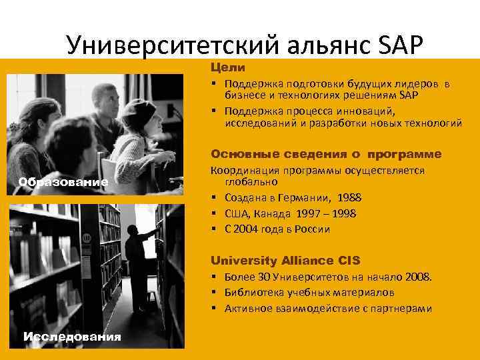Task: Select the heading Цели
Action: (x=228, y=67)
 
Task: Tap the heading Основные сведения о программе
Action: (x=326, y=154)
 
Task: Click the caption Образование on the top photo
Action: (x=63, y=182)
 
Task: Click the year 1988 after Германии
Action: (x=351, y=197)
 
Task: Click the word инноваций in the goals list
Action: (x=370, y=111)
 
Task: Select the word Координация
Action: (x=242, y=170)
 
